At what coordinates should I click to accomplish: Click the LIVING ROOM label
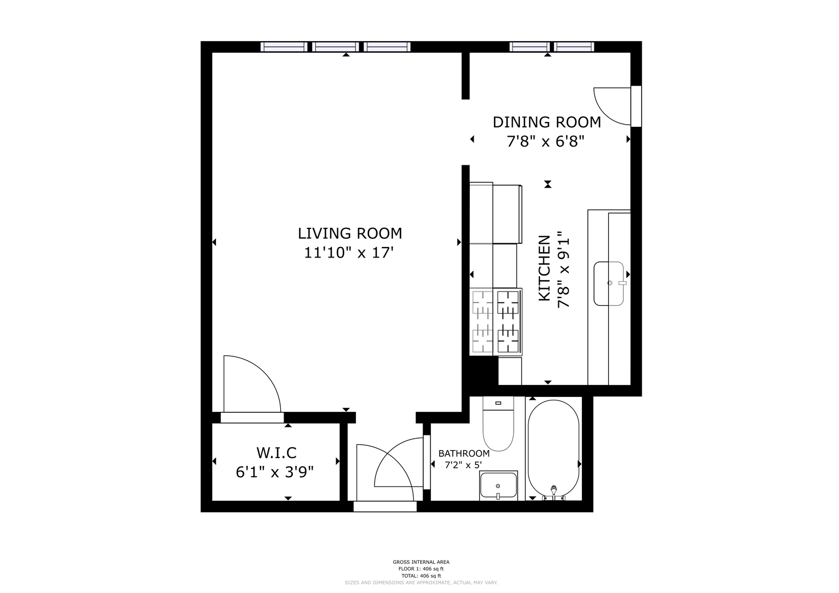[x=350, y=233]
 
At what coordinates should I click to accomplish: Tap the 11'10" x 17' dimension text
[x=349, y=253]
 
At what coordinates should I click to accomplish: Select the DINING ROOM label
[x=547, y=122]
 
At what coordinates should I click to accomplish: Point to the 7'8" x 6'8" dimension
[x=546, y=142]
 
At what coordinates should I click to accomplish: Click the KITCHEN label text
[x=544, y=268]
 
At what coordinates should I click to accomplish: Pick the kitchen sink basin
[x=609, y=283]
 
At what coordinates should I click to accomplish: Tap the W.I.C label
[x=276, y=453]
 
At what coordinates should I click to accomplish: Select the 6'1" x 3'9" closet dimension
[x=275, y=472]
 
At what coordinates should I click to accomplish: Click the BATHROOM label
[x=464, y=454]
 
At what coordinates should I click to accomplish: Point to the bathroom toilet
[x=498, y=423]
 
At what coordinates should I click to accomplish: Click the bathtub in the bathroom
[x=554, y=449]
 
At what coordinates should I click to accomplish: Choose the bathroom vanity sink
[x=498, y=485]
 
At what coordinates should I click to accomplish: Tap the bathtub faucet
[x=554, y=493]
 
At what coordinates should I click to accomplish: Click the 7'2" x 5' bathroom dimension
[x=463, y=466]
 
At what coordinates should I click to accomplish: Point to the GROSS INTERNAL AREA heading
[x=421, y=562]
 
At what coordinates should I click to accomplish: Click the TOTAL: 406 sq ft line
[x=421, y=576]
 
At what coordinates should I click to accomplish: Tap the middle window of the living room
[x=336, y=47]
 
